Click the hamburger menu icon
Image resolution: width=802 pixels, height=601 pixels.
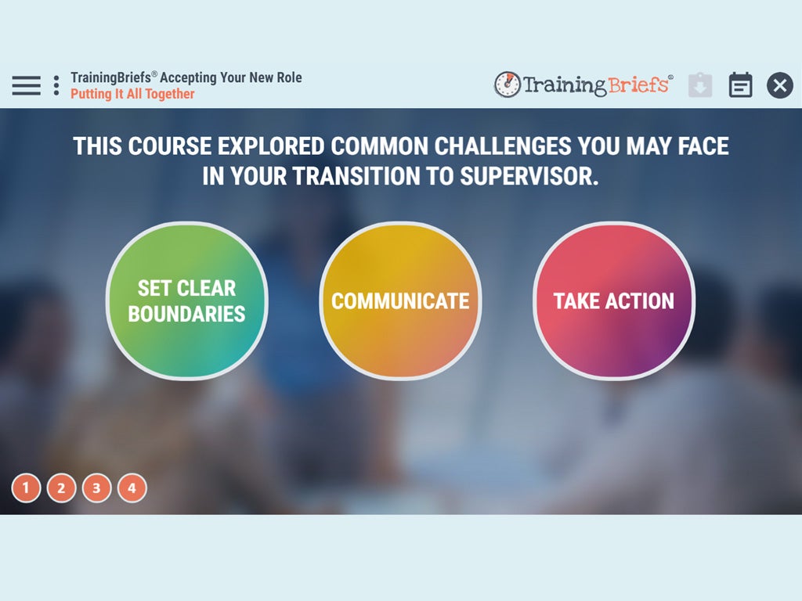pyautogui.click(x=26, y=85)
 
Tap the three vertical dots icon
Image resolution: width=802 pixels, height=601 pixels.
pyautogui.click(x=56, y=85)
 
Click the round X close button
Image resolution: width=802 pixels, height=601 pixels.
pyautogui.click(x=779, y=85)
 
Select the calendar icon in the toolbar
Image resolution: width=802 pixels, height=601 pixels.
pyautogui.click(x=740, y=85)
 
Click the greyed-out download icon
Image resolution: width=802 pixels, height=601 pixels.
pyautogui.click(x=700, y=85)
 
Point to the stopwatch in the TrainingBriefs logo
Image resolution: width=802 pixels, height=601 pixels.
pyautogui.click(x=507, y=85)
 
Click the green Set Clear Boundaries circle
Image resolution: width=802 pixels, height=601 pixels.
pyautogui.click(x=186, y=300)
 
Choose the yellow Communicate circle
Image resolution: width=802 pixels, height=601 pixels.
pyautogui.click(x=400, y=300)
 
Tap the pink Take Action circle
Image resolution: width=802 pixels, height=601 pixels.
pyautogui.click(x=614, y=300)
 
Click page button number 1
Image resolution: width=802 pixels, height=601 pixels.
pyautogui.click(x=26, y=488)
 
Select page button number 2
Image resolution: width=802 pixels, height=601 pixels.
pyautogui.click(x=61, y=488)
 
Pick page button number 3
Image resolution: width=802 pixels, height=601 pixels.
pyautogui.click(x=96, y=488)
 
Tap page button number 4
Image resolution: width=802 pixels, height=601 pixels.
pyautogui.click(x=132, y=488)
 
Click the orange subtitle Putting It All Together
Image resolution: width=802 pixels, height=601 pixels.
pyautogui.click(x=132, y=94)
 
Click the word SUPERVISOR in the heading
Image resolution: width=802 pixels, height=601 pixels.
pyautogui.click(x=529, y=176)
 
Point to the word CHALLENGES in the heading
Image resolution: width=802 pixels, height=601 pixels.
pyautogui.click(x=503, y=146)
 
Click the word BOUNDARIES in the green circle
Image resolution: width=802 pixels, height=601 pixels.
pyautogui.click(x=186, y=314)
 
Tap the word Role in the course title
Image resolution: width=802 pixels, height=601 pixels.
pyautogui.click(x=289, y=77)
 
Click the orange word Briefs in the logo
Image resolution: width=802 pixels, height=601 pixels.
pyautogui.click(x=638, y=85)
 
